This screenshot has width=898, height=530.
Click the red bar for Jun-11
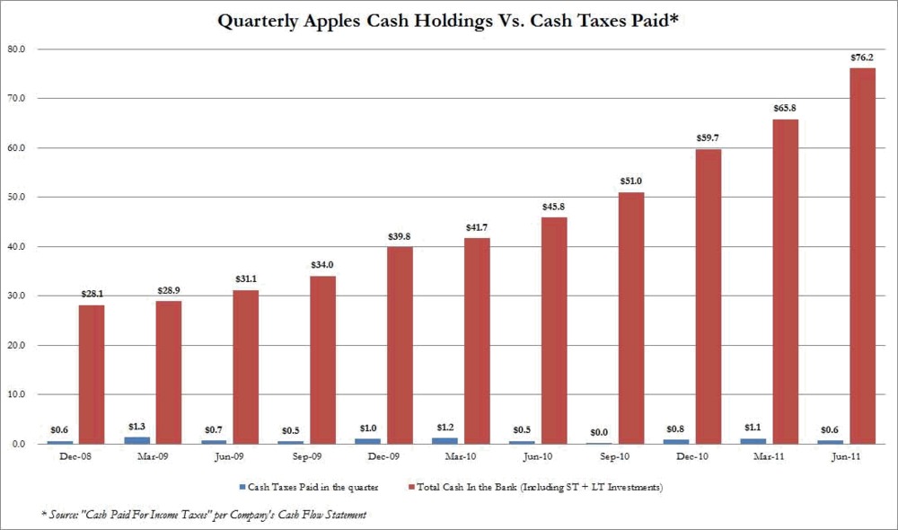tap(862, 256)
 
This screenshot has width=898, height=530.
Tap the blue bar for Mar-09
tap(137, 440)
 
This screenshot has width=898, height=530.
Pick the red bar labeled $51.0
tap(630, 318)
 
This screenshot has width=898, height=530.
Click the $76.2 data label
tap(862, 58)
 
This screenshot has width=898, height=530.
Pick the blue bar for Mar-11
tap(754, 440)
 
